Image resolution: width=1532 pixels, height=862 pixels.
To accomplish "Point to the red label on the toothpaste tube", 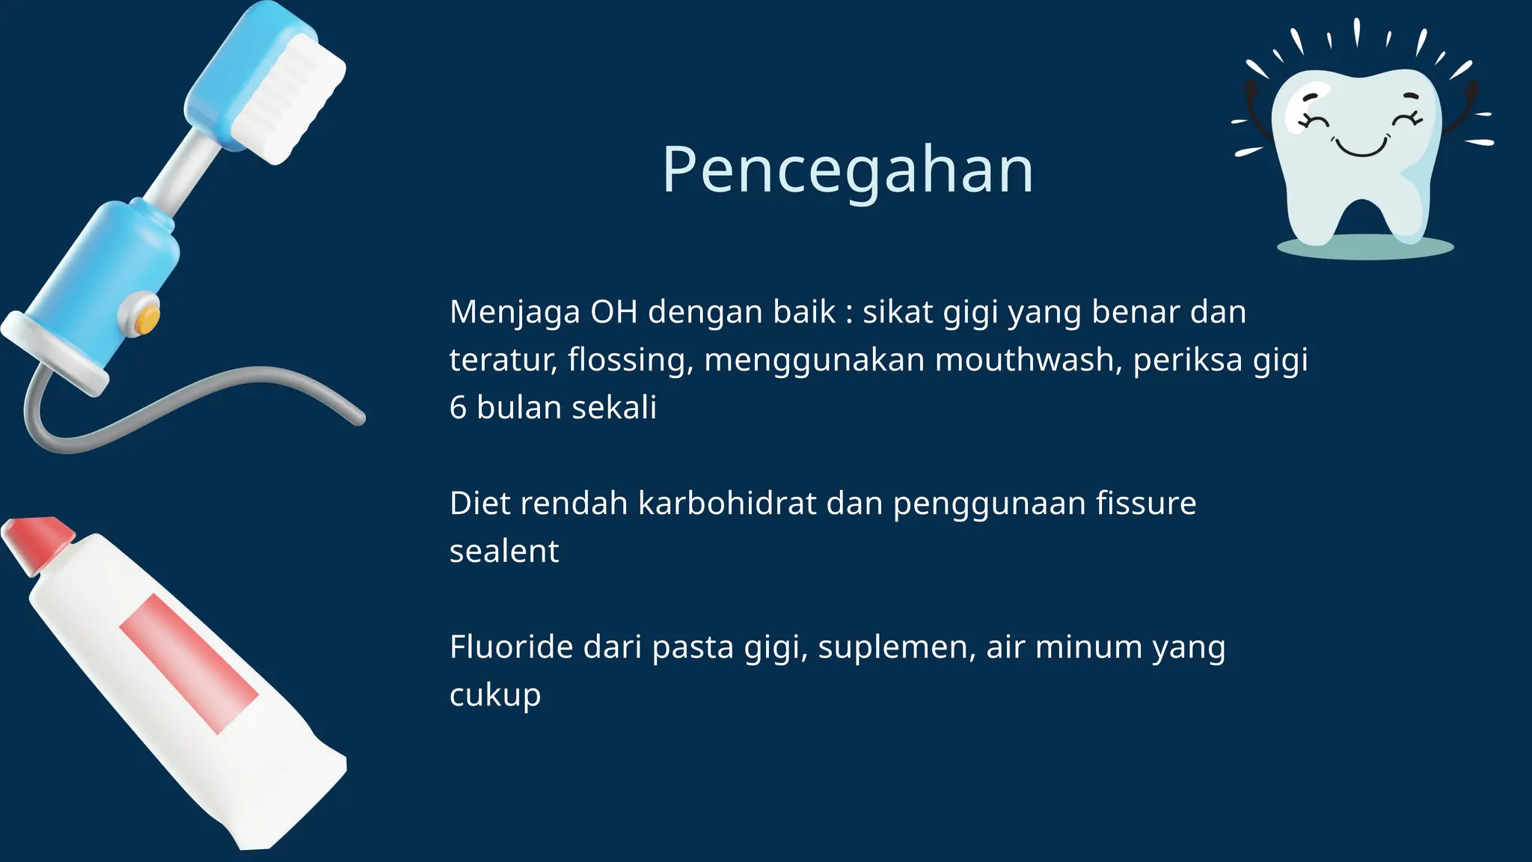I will [x=189, y=663].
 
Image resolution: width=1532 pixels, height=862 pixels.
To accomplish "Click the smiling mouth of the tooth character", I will [x=1361, y=146].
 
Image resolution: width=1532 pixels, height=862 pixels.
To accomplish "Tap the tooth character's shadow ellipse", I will [x=1364, y=247].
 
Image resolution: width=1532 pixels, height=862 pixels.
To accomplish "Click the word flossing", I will [x=626, y=360].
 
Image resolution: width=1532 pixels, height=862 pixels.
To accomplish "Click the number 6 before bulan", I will [x=458, y=408].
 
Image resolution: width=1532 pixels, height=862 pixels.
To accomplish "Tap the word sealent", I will [x=504, y=551].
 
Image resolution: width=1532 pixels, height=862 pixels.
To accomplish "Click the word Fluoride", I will [x=511, y=647].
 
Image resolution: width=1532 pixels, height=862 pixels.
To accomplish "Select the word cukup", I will [x=494, y=696].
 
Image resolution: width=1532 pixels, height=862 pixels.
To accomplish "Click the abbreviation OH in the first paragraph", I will [x=613, y=312].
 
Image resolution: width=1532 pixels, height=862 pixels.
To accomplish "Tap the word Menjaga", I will [x=515, y=313].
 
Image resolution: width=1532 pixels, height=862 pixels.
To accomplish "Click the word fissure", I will [x=1146, y=504].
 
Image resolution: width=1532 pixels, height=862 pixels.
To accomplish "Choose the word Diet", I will [x=479, y=504].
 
